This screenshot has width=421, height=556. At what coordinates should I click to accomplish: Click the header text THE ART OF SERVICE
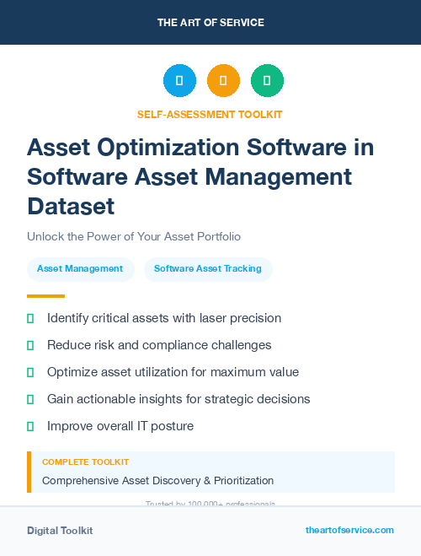(x=210, y=23)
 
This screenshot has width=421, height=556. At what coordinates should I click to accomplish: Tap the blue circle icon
(x=179, y=80)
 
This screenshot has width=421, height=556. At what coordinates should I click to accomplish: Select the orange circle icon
(x=223, y=80)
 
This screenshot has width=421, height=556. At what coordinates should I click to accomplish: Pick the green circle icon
(x=267, y=80)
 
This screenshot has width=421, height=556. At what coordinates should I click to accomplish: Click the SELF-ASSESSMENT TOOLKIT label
(x=210, y=114)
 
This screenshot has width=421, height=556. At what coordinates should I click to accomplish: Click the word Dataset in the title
(x=71, y=206)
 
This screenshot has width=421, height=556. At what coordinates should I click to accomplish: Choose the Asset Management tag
(x=80, y=269)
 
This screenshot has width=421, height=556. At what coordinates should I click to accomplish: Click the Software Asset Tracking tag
(x=207, y=269)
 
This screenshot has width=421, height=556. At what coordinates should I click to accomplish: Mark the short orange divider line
(x=45, y=296)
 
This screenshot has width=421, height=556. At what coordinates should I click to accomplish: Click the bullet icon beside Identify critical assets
(x=30, y=319)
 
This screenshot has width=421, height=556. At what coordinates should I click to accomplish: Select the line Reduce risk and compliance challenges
(x=159, y=345)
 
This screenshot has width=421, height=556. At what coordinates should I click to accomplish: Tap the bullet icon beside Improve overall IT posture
(x=30, y=427)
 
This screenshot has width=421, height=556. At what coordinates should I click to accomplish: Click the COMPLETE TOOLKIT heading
(x=85, y=462)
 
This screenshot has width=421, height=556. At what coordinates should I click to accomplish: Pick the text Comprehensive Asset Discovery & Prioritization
(x=157, y=480)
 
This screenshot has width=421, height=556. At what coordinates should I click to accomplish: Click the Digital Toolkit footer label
(x=60, y=531)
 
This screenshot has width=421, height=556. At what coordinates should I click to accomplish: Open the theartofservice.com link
(x=349, y=530)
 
